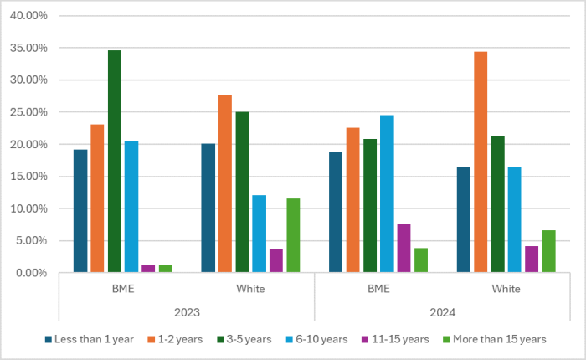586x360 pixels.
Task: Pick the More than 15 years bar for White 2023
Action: tap(292, 235)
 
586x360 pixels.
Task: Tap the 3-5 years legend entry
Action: tap(242, 339)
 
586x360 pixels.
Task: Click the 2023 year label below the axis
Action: tap(186, 312)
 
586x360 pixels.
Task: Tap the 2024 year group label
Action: tap(442, 312)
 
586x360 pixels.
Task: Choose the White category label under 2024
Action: tap(506, 289)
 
